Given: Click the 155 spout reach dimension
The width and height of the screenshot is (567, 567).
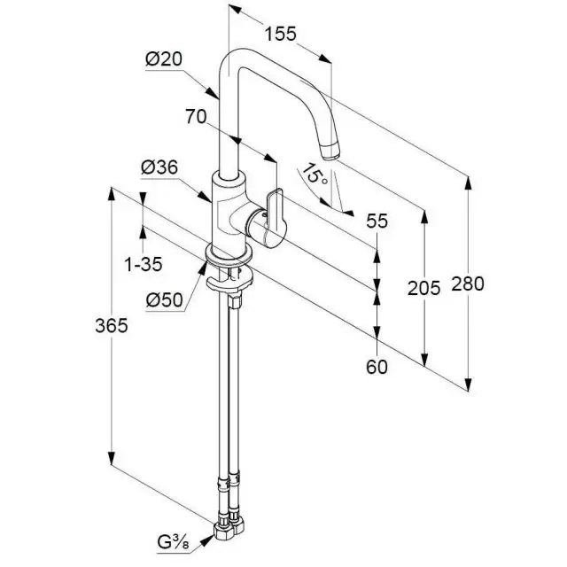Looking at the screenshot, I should point(279,34).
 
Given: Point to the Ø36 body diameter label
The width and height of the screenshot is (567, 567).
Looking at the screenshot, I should point(159,167).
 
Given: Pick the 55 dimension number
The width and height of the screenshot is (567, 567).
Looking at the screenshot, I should point(377,222).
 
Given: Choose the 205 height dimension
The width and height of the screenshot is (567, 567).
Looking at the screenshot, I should point(423,286).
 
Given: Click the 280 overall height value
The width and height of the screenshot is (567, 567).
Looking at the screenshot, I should point(467,283).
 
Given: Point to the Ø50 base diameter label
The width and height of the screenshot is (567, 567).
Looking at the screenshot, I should point(164,299).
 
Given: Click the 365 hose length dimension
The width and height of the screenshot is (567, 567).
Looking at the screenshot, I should point(112,325).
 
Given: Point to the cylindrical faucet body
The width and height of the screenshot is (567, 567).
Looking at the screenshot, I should point(226,213).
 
